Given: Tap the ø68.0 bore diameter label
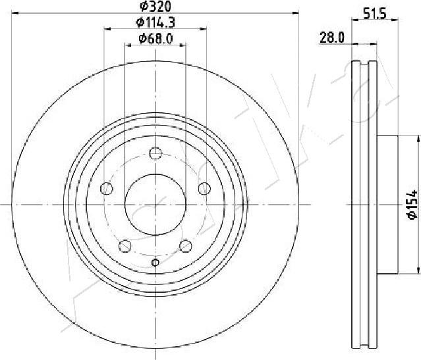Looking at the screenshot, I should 156,39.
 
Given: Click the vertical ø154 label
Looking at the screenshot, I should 410,204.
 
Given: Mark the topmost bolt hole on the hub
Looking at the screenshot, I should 155,153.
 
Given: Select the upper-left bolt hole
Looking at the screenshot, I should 106,188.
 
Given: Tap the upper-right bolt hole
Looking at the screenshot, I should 204,188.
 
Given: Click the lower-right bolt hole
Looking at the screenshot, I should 186,246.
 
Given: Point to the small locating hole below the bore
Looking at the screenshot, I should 155,263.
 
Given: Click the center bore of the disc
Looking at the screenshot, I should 155,204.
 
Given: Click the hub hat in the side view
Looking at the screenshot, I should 388,204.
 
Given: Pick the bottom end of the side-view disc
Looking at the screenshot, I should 364,346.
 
